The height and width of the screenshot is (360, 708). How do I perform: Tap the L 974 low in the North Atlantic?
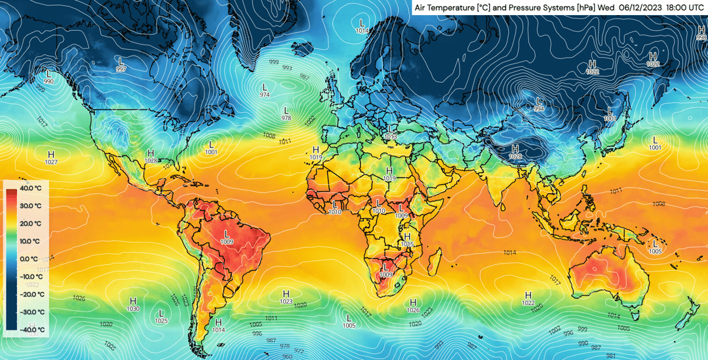(265, 90)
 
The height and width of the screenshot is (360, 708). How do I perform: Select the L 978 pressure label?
(286, 113)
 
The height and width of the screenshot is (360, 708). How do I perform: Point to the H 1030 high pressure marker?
(133, 304)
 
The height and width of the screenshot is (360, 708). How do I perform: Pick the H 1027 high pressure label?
(51, 157)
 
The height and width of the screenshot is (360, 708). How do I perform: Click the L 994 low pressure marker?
(539, 104)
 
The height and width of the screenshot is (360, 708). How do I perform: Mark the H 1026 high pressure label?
(413, 305)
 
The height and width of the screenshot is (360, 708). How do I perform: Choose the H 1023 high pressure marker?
(286, 296)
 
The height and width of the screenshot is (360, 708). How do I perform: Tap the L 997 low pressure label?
(121, 64)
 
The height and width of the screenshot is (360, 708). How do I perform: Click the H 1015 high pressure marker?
(407, 239)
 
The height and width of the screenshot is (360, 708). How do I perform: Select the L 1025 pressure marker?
(161, 316)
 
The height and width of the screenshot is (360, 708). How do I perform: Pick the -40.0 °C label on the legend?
(31, 330)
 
